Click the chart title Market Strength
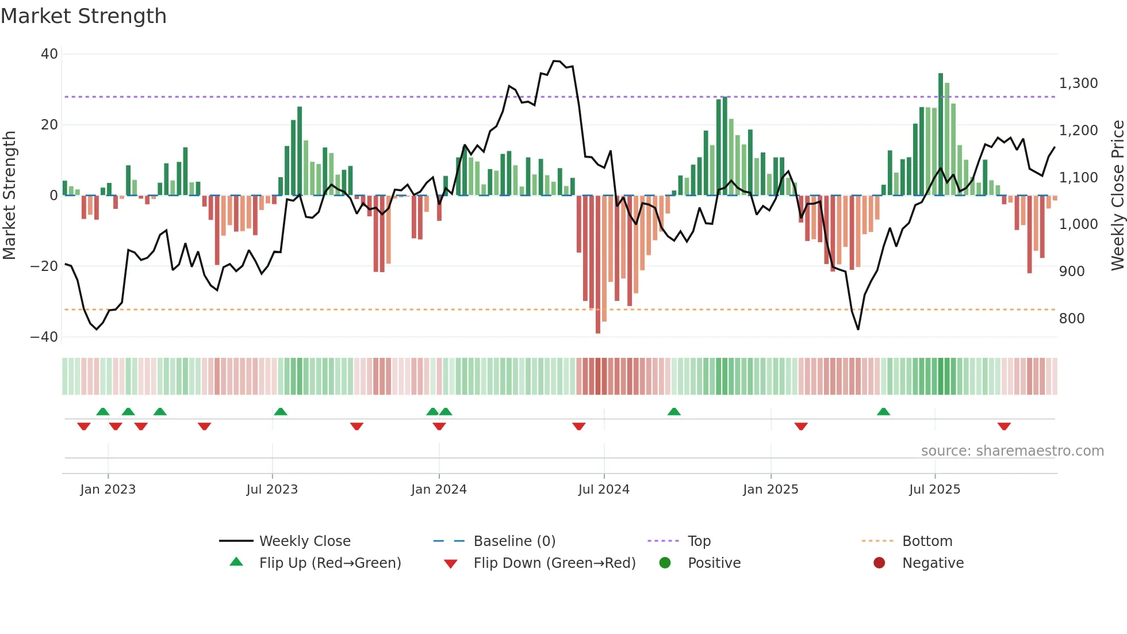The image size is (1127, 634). click(83, 16)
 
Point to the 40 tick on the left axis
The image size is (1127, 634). click(49, 54)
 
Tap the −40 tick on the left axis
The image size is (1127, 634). click(44, 337)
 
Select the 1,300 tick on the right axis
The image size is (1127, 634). click(1078, 83)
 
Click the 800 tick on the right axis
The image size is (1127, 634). click(1072, 319)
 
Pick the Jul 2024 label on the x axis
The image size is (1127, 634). click(604, 490)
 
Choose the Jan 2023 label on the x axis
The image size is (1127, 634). click(108, 490)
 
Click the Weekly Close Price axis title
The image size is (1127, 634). click(1117, 196)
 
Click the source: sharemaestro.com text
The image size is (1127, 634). click(1012, 451)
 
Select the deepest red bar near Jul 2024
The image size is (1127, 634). click(598, 265)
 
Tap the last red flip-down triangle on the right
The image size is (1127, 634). click(1004, 426)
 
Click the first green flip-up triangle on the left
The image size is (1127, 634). click(103, 412)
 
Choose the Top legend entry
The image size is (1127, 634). click(699, 541)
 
